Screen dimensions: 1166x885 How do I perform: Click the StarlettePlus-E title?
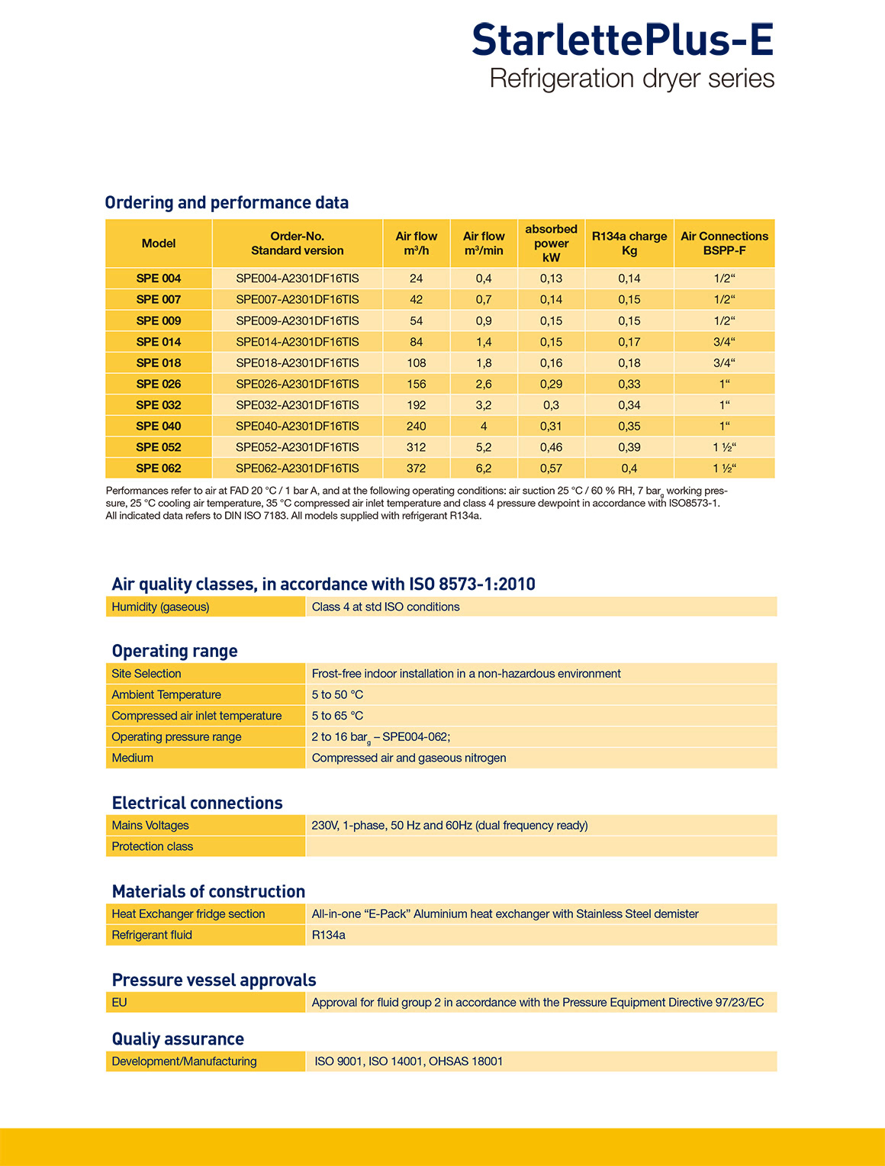(x=623, y=40)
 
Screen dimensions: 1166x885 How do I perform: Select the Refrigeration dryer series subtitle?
(x=632, y=79)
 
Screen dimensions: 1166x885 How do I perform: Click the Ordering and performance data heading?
(x=227, y=202)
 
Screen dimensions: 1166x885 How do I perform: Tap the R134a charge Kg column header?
(x=629, y=243)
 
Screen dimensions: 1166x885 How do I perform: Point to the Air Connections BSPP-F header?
(x=724, y=243)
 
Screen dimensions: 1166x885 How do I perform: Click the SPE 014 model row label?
(x=159, y=342)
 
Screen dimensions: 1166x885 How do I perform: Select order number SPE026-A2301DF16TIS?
(x=297, y=384)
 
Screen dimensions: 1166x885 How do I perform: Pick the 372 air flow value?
(x=417, y=469)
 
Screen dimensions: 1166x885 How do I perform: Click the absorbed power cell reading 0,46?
(x=551, y=447)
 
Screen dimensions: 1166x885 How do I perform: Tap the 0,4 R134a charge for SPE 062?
(x=629, y=469)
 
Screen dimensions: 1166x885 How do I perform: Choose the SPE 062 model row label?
(x=159, y=469)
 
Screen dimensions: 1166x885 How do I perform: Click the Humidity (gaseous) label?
(x=160, y=607)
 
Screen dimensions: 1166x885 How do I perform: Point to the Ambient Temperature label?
(x=166, y=694)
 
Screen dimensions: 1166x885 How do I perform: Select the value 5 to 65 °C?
(x=337, y=716)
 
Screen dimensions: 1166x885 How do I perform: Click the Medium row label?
(x=133, y=758)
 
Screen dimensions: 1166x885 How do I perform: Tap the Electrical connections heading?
(x=197, y=803)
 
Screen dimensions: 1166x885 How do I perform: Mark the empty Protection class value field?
(x=540, y=846)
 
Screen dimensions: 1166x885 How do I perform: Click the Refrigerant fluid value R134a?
(x=329, y=935)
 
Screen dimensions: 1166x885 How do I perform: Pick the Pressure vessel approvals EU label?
(x=120, y=1002)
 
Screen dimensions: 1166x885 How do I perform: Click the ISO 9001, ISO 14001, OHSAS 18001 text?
(x=409, y=1061)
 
